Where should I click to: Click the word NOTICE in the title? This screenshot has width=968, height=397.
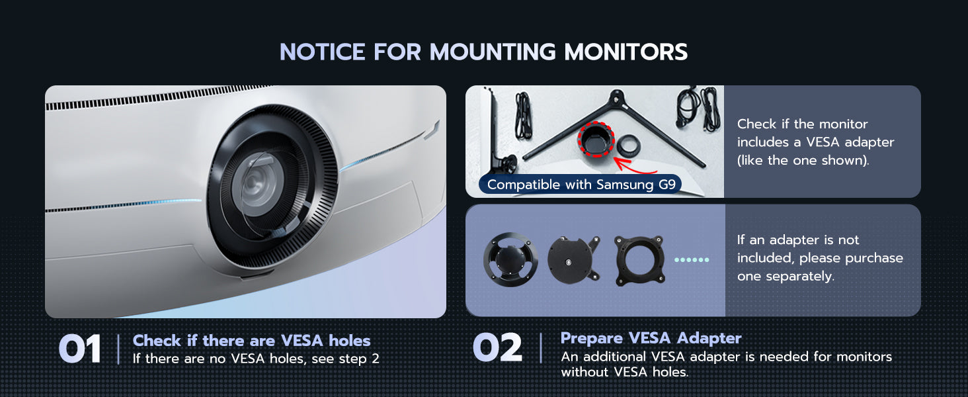click(x=323, y=52)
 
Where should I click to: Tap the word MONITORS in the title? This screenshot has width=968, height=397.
click(x=625, y=52)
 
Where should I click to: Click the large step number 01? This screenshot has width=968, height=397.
click(x=79, y=349)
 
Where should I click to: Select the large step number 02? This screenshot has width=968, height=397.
click(x=497, y=347)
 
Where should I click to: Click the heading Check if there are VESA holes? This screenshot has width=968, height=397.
click(x=251, y=341)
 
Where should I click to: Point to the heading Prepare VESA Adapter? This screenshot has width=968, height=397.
click(x=651, y=337)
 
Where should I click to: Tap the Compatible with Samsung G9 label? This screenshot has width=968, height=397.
click(x=581, y=185)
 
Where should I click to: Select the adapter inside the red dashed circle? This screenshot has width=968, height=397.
click(x=596, y=139)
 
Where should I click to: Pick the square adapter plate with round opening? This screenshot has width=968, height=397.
click(x=639, y=260)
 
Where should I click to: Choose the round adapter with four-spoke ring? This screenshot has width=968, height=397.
click(x=510, y=259)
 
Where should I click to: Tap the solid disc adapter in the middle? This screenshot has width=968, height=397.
click(x=573, y=260)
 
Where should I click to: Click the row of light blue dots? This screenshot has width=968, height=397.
click(x=692, y=260)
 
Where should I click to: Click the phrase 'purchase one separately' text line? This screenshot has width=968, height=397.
click(x=820, y=267)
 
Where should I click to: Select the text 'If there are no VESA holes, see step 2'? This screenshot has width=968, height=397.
click(x=256, y=359)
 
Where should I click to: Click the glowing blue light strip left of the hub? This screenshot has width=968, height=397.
click(x=123, y=205)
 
